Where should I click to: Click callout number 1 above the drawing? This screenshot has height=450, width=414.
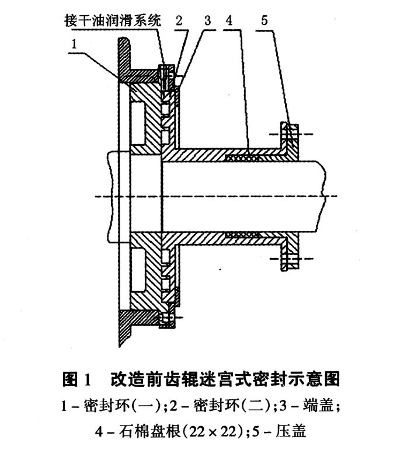pos(74,44)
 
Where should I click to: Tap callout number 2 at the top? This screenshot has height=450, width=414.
pos(179,20)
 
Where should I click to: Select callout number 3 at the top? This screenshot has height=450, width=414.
pos(207,20)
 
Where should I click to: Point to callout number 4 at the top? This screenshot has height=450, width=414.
pos(229,20)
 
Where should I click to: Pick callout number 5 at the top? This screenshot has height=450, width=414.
pos(264,20)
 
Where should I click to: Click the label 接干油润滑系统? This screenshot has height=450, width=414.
pos(113,21)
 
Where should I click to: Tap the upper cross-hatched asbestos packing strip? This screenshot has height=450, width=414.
pos(243,158)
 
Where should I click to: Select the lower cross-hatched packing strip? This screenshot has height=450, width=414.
pos(243,235)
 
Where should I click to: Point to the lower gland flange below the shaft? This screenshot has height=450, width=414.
pos(290,252)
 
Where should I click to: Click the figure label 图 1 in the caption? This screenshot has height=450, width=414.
pos(76,379)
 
